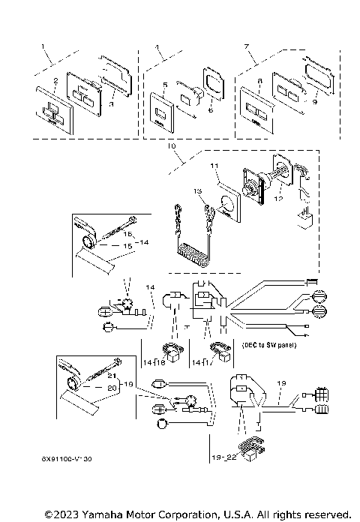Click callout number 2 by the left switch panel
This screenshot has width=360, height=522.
[x=55, y=80]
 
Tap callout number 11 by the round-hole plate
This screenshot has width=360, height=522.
[x=213, y=165]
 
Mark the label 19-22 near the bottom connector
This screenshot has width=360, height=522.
[x=223, y=454]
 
